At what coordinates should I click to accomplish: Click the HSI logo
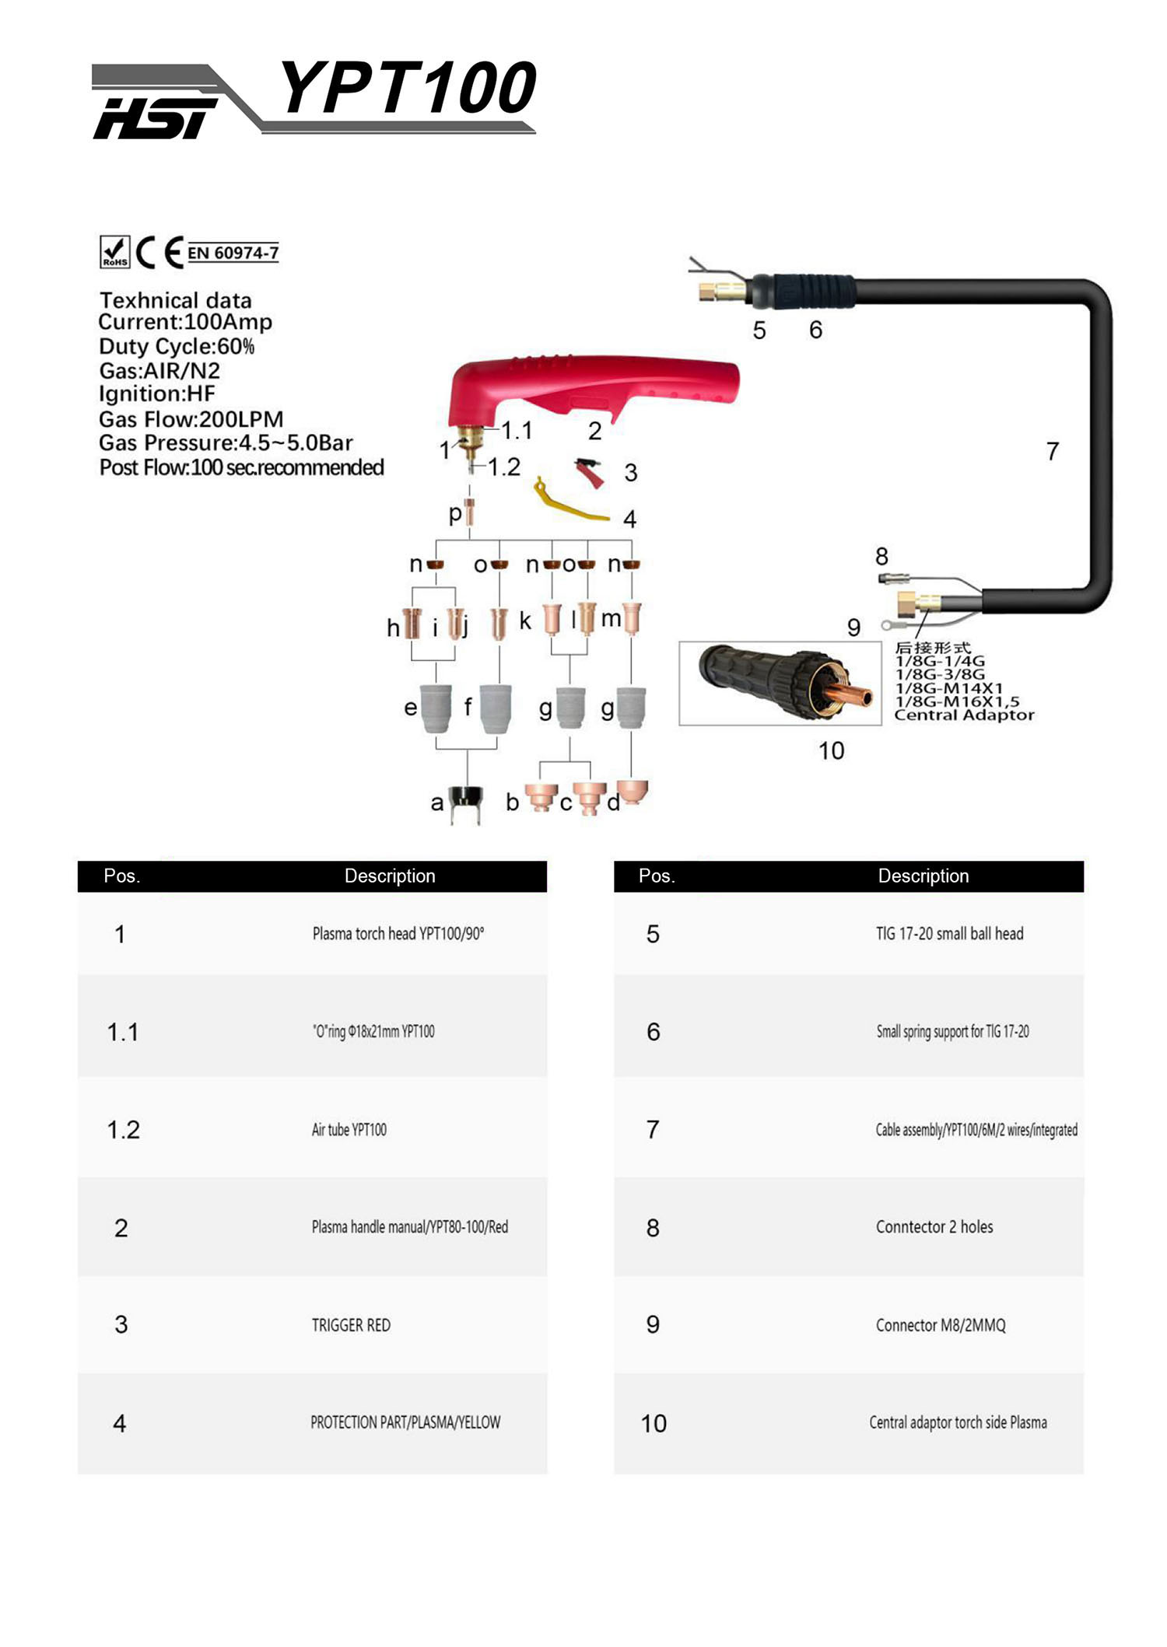154,117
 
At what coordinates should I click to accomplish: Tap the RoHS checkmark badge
115,252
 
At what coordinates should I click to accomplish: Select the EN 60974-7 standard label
233,253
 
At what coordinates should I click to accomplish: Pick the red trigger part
591,472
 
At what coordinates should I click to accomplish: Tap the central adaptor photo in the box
780,682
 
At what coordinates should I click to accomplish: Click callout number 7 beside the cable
1052,451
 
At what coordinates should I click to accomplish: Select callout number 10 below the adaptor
831,750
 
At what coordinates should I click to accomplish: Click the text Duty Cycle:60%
177,346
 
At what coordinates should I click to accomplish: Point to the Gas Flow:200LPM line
191,419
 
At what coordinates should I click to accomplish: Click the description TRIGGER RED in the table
351,1325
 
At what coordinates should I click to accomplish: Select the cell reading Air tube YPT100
349,1130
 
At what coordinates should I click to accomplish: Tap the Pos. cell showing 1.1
122,1032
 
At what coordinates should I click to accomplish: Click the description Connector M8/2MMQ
941,1325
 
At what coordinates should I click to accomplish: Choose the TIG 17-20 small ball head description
949,934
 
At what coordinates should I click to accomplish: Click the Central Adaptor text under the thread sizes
964,715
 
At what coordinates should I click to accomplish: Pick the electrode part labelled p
469,512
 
